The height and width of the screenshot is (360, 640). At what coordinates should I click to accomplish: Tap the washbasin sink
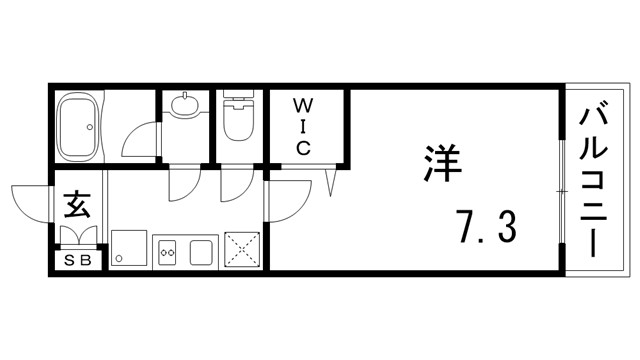[185, 105]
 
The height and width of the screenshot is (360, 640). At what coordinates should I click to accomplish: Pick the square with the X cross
[243, 249]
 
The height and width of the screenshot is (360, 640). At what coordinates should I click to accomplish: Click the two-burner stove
[167, 251]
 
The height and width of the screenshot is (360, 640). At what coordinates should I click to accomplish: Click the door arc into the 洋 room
[285, 200]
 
